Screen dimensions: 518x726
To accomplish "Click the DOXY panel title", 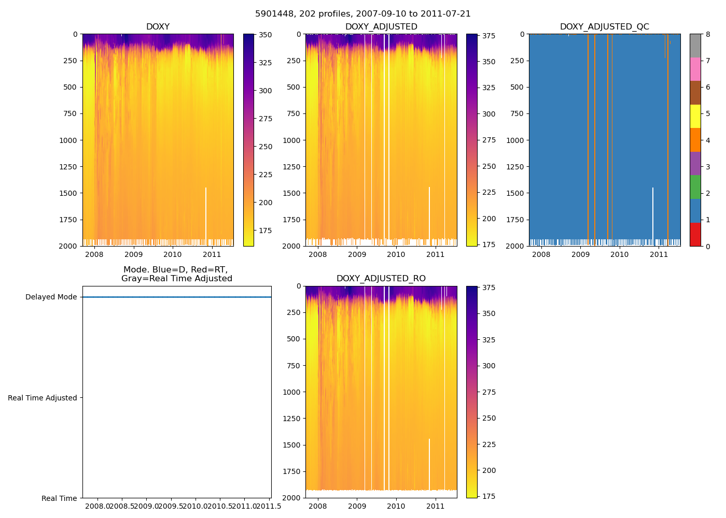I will tap(158, 27).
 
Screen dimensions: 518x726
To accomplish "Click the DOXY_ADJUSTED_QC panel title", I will tap(604, 27).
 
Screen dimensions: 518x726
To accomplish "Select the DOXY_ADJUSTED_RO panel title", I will tap(381, 279).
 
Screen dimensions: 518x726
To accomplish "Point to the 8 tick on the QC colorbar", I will tap(707, 34).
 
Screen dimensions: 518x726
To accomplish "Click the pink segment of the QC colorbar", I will tap(695, 69).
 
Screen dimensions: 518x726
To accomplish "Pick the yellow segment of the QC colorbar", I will tap(695, 117).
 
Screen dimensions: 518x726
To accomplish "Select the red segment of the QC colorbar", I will tap(695, 234).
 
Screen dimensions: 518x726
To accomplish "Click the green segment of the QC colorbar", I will tap(695, 187).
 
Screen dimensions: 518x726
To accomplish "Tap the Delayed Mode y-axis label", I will tap(51, 297).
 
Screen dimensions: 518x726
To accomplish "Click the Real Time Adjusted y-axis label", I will tap(43, 398).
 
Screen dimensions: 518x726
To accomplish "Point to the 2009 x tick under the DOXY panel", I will tap(133, 254).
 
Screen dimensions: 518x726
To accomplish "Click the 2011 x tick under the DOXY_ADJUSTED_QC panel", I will tap(659, 254).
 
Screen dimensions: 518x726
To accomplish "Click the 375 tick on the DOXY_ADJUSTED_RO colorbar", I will tap(488, 288).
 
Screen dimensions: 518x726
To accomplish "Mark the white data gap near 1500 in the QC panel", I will tap(652, 212).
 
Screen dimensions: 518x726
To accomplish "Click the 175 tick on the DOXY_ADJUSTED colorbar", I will tap(488, 244).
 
